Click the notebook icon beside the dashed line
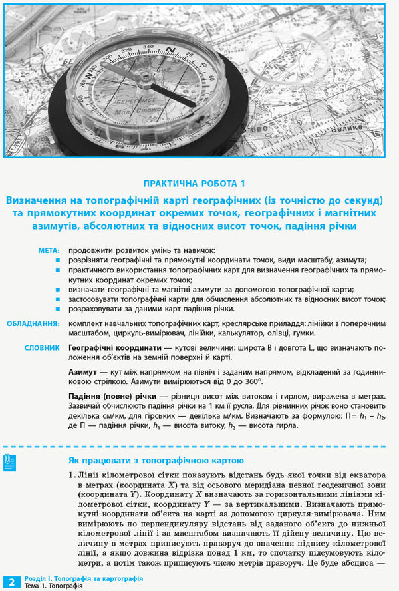coord(10,462)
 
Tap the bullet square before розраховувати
coord(59,310)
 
